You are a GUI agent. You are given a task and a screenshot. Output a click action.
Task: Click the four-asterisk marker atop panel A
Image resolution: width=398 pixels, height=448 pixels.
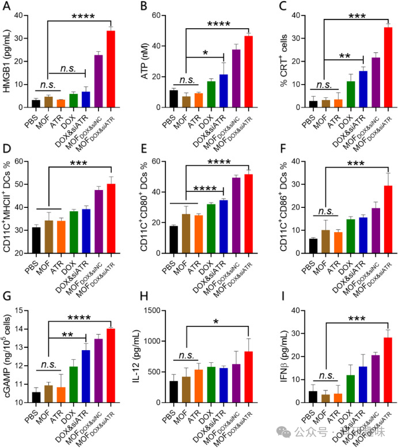(x=85, y=17)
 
